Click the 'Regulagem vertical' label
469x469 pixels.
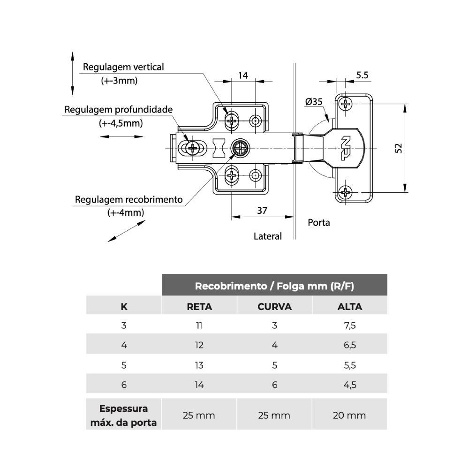pos(123,67)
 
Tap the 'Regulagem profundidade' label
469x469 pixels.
pos(119,110)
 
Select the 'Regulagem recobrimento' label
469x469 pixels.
pos(129,199)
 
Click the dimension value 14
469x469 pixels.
pos(243,75)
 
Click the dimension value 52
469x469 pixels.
pos(398,148)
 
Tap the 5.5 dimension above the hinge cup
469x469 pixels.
pos(362,75)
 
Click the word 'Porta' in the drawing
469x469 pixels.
pos(318,222)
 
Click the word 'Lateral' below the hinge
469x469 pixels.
pos(267,236)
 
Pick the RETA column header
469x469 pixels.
pos(199,307)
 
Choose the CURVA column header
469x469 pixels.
pos(274,307)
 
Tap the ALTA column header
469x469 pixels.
pos(350,307)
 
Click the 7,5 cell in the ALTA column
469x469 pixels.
pos(350,325)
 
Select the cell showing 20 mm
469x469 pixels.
pos(350,415)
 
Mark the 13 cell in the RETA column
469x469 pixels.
pos(199,365)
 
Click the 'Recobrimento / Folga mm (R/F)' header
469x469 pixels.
pos(274,286)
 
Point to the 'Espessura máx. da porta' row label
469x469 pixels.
pos(124,415)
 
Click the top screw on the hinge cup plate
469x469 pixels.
pos(346,104)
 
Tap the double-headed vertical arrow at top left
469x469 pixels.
pos(72,74)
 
